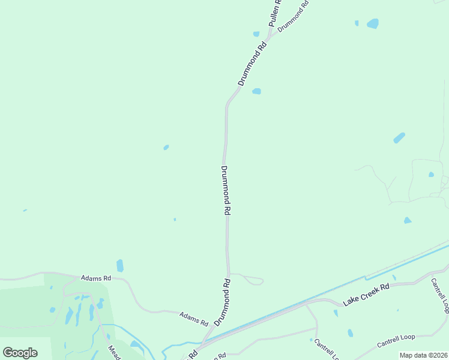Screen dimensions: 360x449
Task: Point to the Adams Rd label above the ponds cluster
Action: (x=96, y=278)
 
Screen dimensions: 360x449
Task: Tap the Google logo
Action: (x=20, y=352)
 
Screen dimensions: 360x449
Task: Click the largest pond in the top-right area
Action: (x=373, y=24)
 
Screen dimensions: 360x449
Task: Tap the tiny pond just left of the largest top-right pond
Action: (x=357, y=23)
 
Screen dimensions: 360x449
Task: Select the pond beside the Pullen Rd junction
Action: (x=256, y=34)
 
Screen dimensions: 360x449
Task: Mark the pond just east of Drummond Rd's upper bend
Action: (x=257, y=91)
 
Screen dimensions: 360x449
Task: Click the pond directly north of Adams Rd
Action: (x=120, y=265)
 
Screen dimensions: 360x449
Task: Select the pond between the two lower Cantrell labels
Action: (x=350, y=333)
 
